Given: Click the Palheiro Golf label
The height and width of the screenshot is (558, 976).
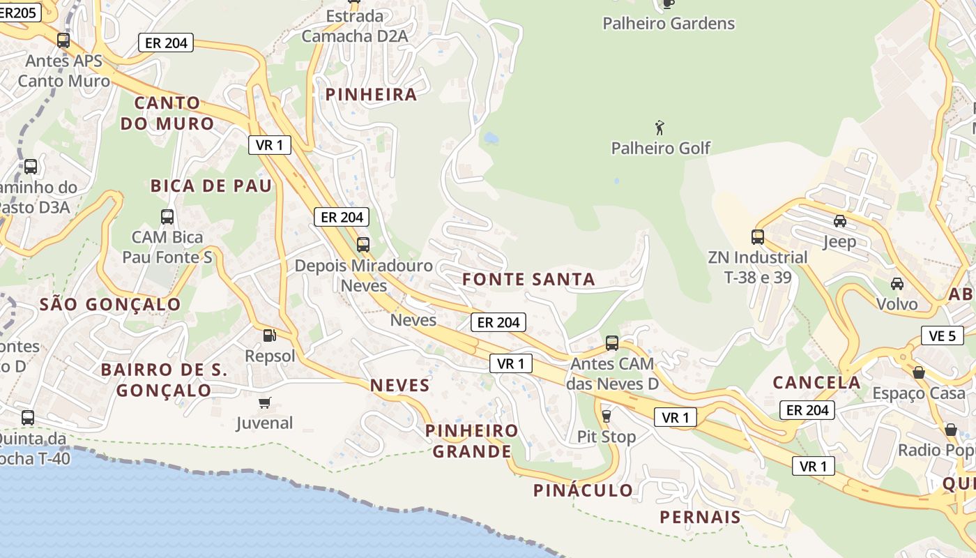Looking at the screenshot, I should (660, 148).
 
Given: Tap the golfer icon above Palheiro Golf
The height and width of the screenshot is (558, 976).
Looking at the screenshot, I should (659, 128).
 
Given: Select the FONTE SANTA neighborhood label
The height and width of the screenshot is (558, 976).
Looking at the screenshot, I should (528, 280).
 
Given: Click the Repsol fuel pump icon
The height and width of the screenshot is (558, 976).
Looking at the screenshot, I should (269, 335).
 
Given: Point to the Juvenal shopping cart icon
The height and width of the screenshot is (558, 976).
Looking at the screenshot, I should (264, 402).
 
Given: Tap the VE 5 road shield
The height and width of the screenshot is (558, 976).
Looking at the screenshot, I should (942, 335).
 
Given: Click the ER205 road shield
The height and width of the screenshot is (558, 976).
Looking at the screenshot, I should (19, 12).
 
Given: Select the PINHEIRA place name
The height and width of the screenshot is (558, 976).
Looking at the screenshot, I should (371, 95).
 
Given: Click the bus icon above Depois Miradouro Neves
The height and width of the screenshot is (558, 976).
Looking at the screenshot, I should (363, 244).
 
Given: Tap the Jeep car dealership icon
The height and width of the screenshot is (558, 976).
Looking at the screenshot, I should (840, 221).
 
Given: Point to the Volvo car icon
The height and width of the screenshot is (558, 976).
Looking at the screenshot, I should (897, 284).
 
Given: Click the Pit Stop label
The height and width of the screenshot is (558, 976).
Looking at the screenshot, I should (606, 437).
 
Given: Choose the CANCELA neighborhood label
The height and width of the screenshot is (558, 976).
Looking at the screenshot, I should (816, 382).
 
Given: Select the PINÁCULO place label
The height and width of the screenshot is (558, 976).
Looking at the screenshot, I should (583, 490).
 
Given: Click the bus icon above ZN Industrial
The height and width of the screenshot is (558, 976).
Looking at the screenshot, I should (758, 236).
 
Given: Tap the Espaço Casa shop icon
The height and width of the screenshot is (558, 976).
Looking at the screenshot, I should (919, 372).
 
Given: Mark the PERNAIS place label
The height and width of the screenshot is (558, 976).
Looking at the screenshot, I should (700, 517).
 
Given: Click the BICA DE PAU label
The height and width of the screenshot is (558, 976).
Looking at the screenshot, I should (211, 186).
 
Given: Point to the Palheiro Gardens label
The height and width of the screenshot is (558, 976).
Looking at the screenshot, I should (668, 24).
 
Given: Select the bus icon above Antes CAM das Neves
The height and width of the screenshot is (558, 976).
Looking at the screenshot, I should (611, 342).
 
